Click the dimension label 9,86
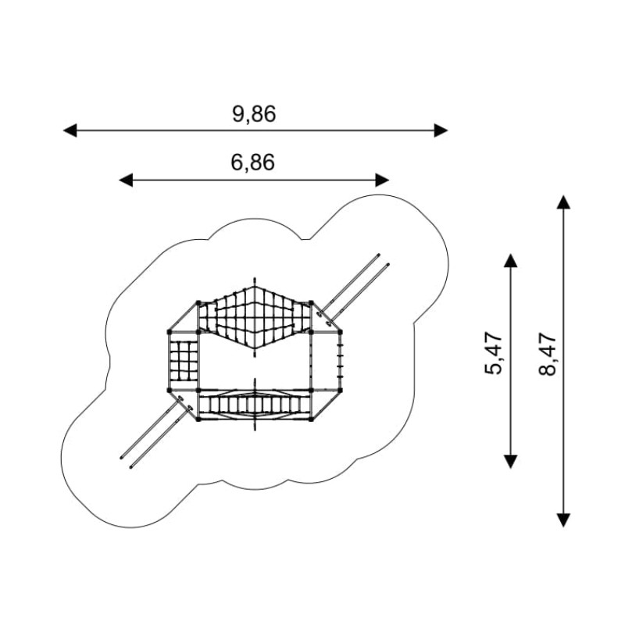click(x=254, y=114)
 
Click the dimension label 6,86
click(x=252, y=162)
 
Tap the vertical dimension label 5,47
click(x=494, y=352)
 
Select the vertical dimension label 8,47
click(x=548, y=354)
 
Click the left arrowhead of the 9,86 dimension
click(x=70, y=130)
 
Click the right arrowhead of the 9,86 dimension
click(x=441, y=130)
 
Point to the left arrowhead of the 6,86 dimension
click(x=126, y=180)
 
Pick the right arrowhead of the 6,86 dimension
click(x=382, y=180)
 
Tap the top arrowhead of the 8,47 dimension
click(x=563, y=202)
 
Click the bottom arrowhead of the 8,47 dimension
click(x=563, y=520)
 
